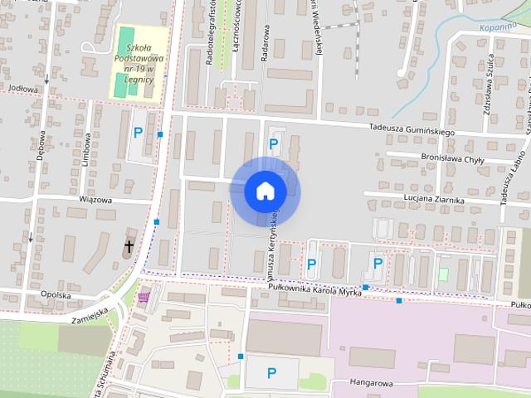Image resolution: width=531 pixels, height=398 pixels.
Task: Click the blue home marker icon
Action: (x=265, y=190)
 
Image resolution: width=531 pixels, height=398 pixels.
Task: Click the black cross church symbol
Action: (x=129, y=246)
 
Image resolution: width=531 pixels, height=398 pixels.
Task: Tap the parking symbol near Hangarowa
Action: (x=271, y=374)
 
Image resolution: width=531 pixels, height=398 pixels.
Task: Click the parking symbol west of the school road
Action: (x=138, y=133)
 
